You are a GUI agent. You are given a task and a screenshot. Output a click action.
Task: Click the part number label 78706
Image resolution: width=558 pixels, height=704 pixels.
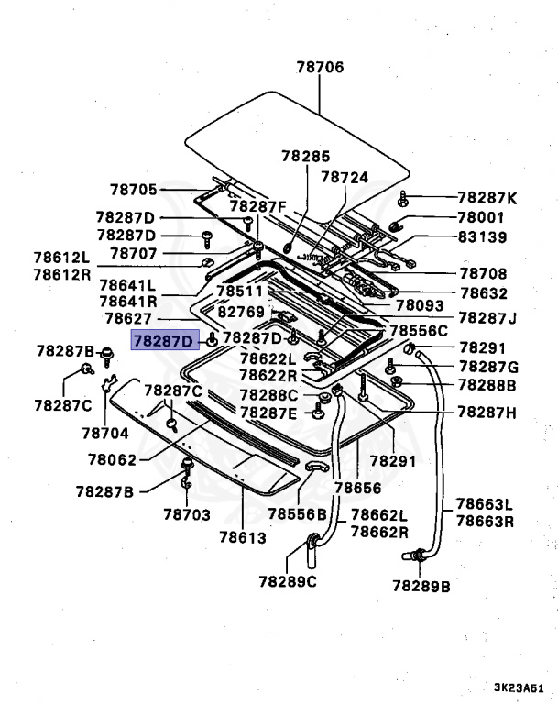(x=320, y=67)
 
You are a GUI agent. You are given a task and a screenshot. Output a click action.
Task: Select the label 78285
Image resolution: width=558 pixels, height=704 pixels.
(x=306, y=157)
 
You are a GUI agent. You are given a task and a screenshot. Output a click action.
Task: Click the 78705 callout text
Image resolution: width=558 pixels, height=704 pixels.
(x=134, y=190)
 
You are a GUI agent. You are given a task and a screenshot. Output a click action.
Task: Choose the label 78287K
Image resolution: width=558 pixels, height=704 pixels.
(x=487, y=198)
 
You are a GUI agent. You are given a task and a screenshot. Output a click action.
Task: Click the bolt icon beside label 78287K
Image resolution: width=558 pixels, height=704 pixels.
(x=404, y=198)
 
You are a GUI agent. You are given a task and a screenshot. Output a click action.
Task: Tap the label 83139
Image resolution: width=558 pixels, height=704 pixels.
(x=481, y=236)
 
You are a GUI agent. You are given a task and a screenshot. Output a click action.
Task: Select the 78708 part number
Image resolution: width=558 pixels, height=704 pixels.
(x=482, y=273)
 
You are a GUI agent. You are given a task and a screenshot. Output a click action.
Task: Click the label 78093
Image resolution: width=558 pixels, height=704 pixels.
(x=420, y=305)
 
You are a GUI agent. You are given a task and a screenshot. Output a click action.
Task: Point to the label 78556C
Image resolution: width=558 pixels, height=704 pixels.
(x=419, y=330)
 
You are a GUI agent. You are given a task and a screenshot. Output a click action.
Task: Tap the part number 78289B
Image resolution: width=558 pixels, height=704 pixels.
(x=421, y=585)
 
